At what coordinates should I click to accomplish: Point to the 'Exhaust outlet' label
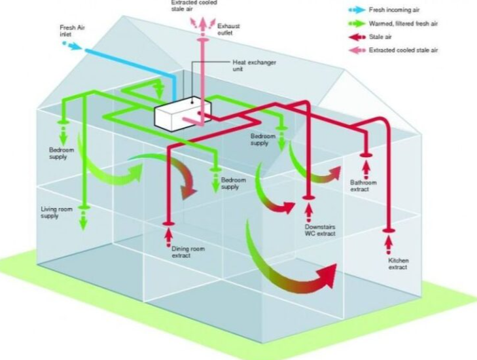[x=229, y=29]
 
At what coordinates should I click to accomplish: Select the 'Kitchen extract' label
[x=398, y=264]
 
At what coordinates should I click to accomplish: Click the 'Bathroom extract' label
[x=364, y=186]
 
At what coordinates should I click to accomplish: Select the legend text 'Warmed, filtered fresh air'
[x=402, y=24]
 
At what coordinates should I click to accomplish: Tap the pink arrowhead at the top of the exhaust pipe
[x=202, y=22]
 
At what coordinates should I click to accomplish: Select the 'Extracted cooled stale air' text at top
[x=194, y=6]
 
